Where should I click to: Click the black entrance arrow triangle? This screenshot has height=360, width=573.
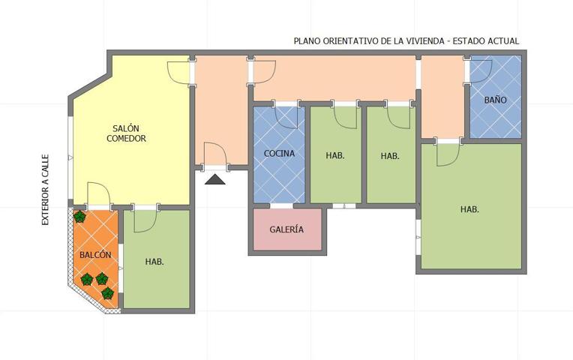point(214,179)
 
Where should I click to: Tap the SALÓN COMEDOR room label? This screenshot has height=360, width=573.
point(126,133)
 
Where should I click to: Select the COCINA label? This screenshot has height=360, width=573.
point(279,154)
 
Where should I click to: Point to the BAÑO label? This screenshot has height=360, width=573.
point(496,100)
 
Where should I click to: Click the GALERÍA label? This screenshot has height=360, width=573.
point(286,229)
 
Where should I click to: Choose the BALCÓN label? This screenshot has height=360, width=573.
point(95,255)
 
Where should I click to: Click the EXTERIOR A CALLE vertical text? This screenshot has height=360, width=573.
point(45,190)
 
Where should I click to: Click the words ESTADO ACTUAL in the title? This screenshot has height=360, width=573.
point(486,41)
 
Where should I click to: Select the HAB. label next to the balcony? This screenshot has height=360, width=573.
point(154,262)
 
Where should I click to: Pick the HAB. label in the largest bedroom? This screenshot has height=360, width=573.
point(469,209)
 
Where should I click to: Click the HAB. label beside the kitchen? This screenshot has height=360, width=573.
point(335,155)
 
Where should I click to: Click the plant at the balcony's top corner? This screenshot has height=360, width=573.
point(79,217)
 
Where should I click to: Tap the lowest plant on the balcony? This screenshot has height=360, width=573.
point(107,293)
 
